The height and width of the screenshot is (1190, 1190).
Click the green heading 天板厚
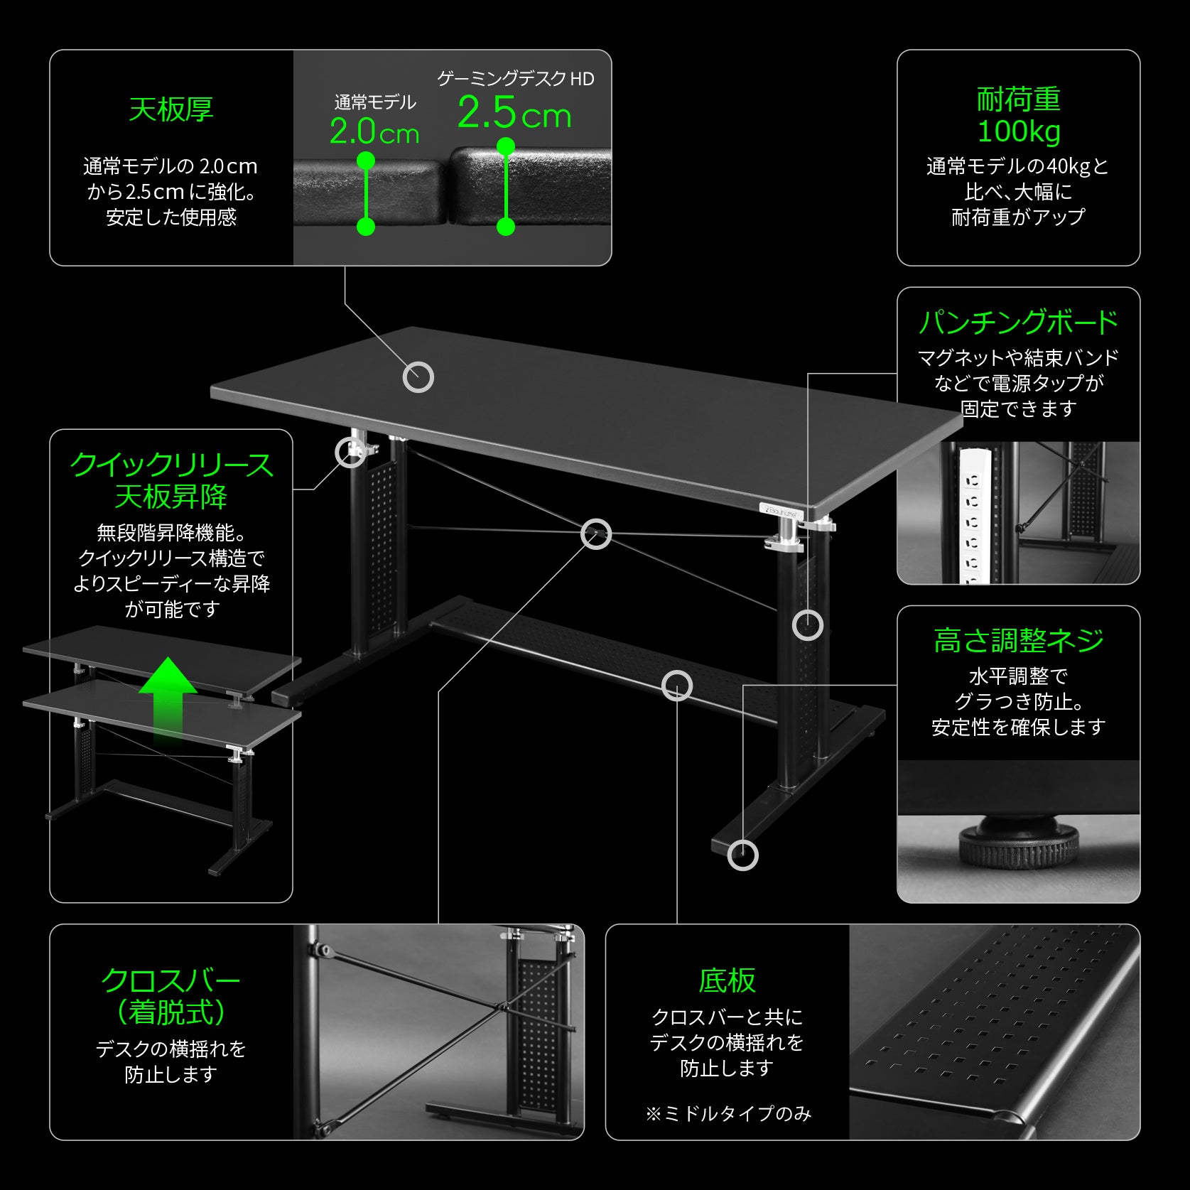(x=171, y=110)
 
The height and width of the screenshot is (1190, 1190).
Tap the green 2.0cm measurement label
(x=374, y=133)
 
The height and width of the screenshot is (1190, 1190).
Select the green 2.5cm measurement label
(x=514, y=114)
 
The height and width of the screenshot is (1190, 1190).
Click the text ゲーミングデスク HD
(x=515, y=79)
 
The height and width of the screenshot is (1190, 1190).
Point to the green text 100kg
(x=1018, y=131)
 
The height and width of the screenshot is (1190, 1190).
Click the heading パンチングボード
(x=1018, y=323)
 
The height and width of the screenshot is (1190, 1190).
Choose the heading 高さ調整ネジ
(x=1018, y=641)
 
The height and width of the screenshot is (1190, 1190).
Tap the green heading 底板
(x=727, y=980)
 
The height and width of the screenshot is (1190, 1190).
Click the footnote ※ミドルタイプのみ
(x=728, y=1113)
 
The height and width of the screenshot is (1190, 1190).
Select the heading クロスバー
(x=171, y=981)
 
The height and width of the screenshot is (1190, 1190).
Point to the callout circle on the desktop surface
(x=418, y=377)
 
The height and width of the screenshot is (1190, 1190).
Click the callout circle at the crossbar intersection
(x=595, y=534)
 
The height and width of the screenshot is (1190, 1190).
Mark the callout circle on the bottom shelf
(x=676, y=686)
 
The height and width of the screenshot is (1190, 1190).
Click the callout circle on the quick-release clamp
(x=350, y=452)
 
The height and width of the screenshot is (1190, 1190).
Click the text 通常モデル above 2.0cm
(x=374, y=103)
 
